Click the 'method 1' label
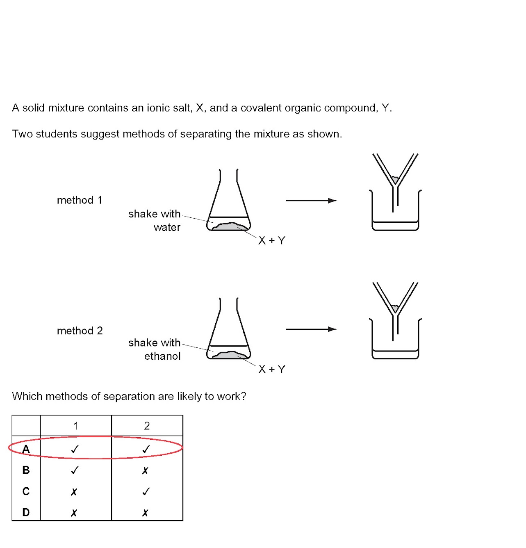tap(79, 200)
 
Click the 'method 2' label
tap(80, 331)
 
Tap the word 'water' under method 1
tap(167, 227)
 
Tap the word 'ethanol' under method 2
tap(162, 356)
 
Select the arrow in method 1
tap(311, 201)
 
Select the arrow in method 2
tap(311, 329)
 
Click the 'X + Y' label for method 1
tap(271, 241)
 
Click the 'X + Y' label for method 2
tap(271, 369)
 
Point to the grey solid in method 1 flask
tap(230, 226)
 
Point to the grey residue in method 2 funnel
tap(395, 308)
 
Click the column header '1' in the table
tap(76, 426)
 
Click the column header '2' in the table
tap(147, 426)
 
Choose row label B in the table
tap(26, 470)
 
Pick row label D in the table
tap(26, 512)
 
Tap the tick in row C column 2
tap(146, 491)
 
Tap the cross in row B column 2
tap(145, 470)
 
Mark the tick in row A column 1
tap(75, 449)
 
